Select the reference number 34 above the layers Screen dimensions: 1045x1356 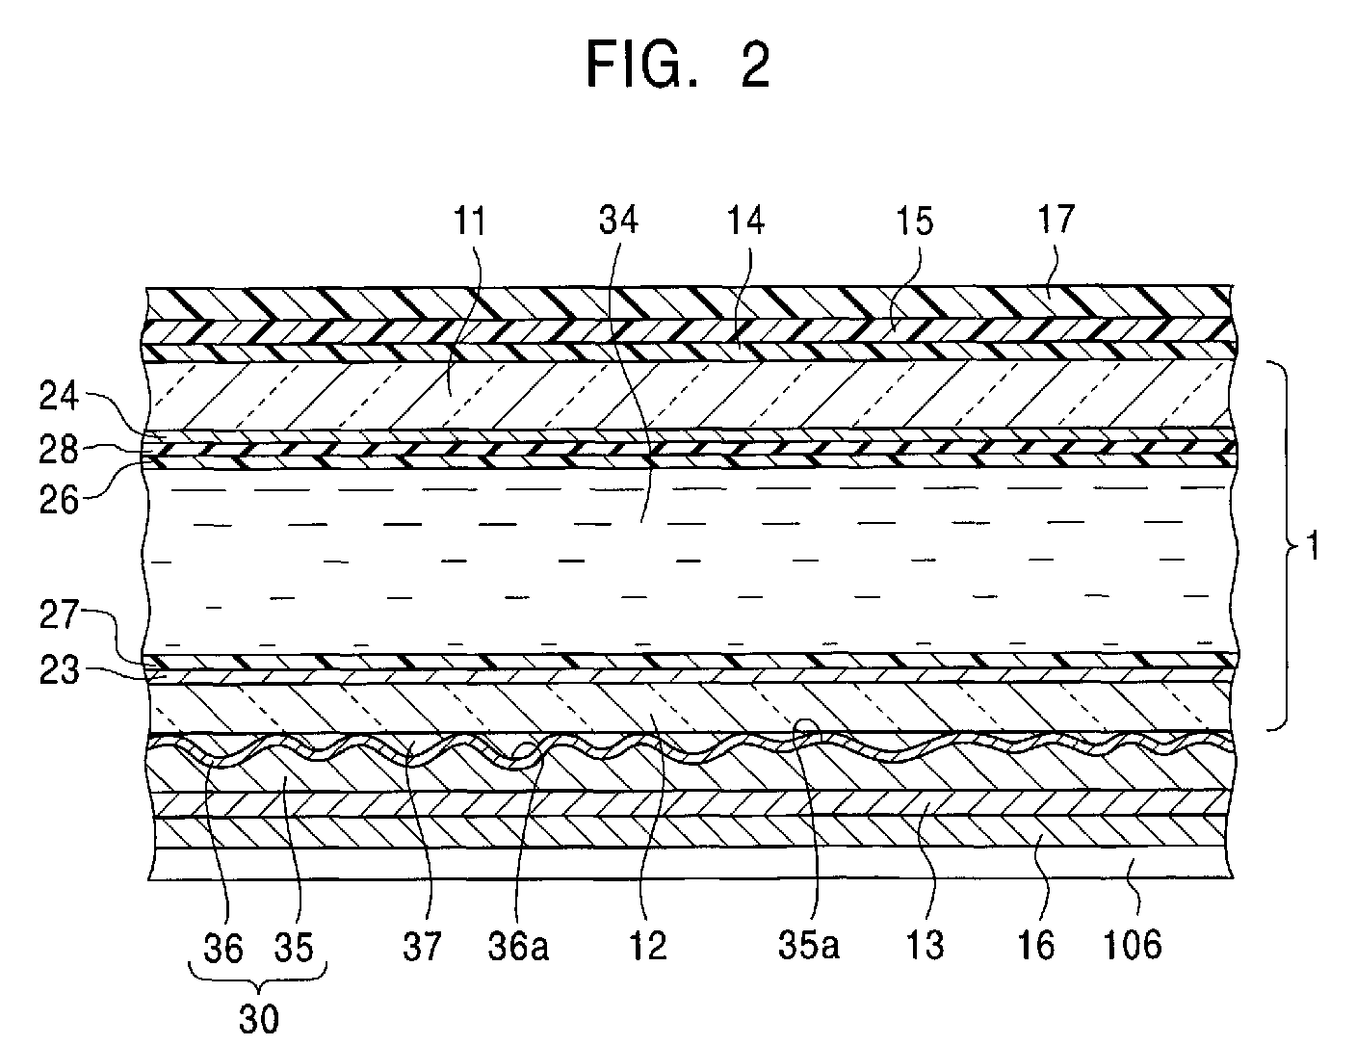click(617, 222)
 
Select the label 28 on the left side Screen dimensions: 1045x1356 click(60, 449)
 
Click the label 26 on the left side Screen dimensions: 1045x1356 click(60, 500)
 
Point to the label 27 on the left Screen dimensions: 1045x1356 click(60, 616)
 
